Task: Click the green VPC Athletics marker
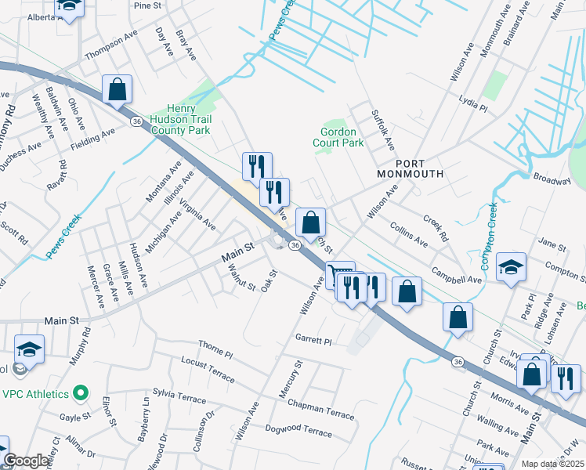click(x=79, y=392)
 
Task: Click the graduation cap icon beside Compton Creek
click(x=511, y=269)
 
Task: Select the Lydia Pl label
click(x=473, y=106)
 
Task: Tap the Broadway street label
click(x=552, y=179)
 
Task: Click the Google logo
click(x=27, y=461)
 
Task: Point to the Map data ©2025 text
click(x=552, y=464)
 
